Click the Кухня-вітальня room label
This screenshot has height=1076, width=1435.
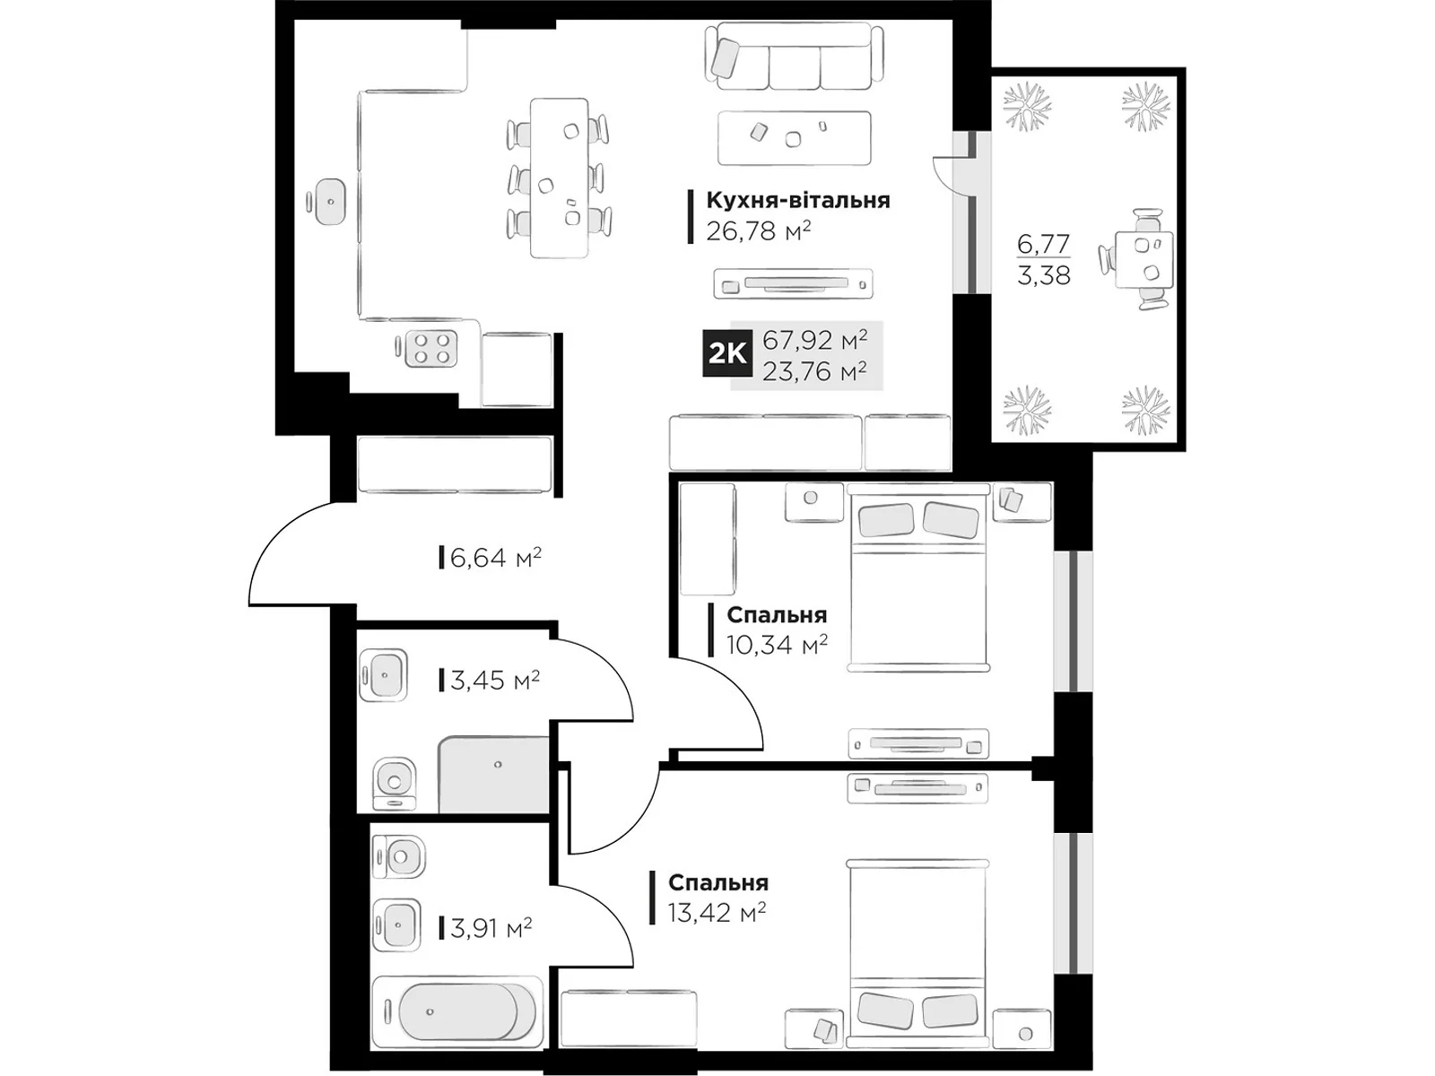[797, 200]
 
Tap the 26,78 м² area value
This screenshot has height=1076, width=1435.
[759, 230]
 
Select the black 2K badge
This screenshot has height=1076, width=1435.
[727, 354]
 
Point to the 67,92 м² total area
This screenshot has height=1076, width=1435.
[815, 340]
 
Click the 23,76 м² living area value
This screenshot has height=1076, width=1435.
[815, 372]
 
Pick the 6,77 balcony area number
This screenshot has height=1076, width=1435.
[1043, 244]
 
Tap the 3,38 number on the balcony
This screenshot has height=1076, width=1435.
[1043, 275]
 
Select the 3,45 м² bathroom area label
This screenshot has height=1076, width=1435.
[495, 680]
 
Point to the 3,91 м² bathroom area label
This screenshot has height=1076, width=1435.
[491, 927]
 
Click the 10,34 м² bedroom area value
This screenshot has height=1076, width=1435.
[777, 645]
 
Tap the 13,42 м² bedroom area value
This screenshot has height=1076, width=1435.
[717, 912]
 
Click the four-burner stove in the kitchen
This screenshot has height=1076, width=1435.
[431, 348]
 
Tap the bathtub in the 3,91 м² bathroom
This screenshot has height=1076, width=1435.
[457, 1011]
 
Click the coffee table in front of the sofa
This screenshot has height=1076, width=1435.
[795, 138]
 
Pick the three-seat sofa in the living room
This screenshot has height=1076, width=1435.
[795, 56]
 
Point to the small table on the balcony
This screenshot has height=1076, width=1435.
[1143, 259]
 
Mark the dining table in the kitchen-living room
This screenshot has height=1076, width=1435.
[559, 178]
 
